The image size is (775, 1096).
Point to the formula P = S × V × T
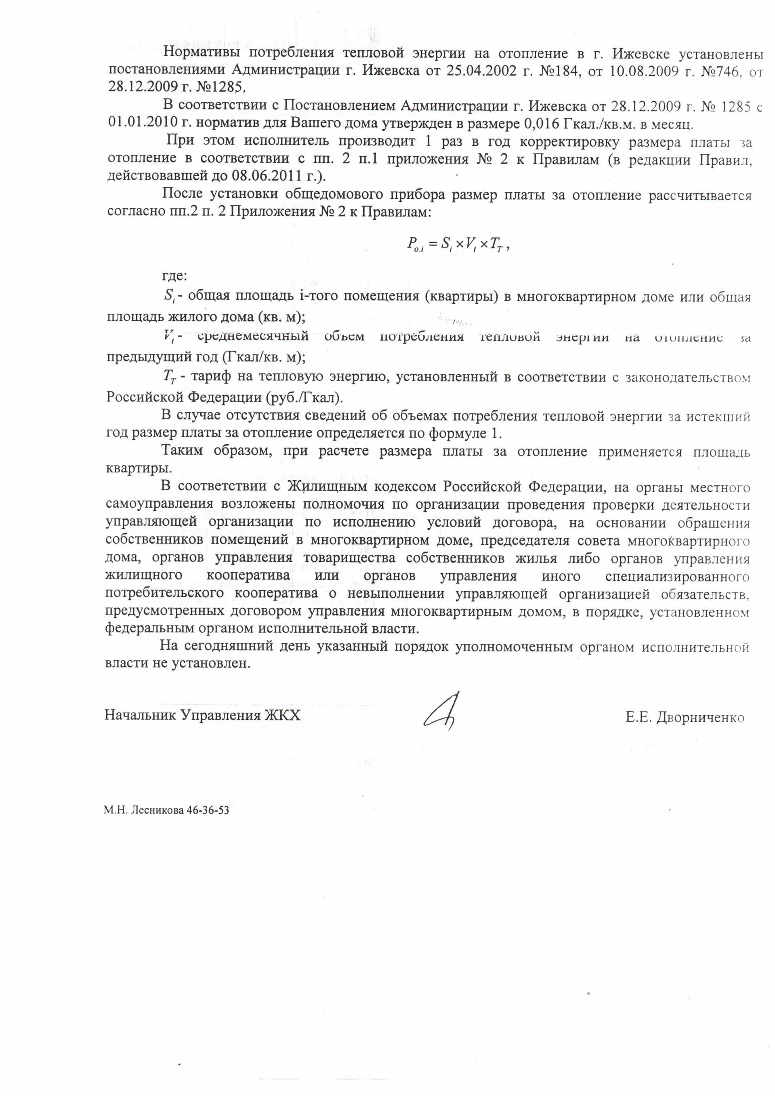pyautogui.click(x=458, y=245)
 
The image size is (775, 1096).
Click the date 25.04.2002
pyautogui.click(x=475, y=71)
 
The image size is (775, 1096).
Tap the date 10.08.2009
pyautogui.click(x=639, y=71)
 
